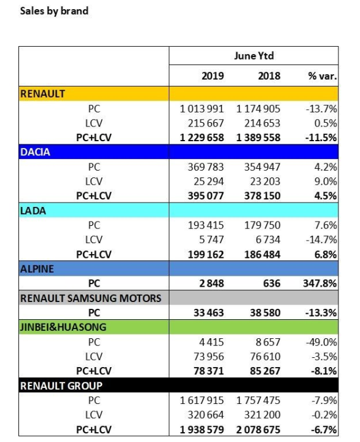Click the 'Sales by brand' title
click(54, 11)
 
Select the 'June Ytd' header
click(254, 56)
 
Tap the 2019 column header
click(213, 76)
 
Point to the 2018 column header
click(269, 76)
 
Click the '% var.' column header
click(323, 76)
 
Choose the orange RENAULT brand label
click(42, 93)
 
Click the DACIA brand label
click(35, 152)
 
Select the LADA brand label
click(33, 211)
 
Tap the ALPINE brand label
click(37, 269)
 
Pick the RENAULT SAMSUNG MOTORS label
click(91, 298)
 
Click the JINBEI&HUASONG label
click(63, 327)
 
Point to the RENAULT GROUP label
click(61, 386)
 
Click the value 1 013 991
click(202, 109)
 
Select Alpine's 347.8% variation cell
click(320, 283)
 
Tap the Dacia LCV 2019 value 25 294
click(208, 181)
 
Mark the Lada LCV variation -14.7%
click(321, 239)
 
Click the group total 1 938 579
click(202, 430)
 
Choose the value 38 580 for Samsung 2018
click(265, 312)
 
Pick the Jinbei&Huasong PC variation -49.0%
click(321, 342)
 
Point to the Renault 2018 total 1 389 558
click(259, 138)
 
